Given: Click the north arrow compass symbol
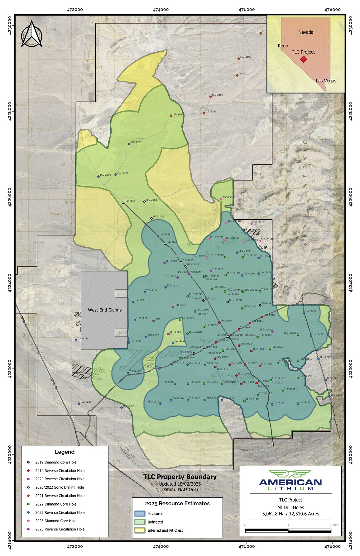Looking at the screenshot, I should tap(31, 34).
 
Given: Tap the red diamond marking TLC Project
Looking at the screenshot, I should tap(303, 59).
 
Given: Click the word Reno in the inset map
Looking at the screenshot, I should tap(283, 46).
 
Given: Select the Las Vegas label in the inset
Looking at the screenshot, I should tap(326, 81).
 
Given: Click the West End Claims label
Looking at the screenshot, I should tap(104, 310).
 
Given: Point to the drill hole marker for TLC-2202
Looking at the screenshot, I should tap(129, 144).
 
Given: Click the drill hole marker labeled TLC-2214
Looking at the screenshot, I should tap(76, 340).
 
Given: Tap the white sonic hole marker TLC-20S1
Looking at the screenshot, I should tap(123, 203).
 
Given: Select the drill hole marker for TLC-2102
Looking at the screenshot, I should tap(238, 59).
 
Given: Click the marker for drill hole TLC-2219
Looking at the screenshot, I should tap(79, 403).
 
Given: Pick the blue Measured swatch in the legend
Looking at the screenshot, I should tap(140, 514).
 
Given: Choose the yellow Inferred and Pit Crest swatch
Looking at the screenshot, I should tap(140, 530).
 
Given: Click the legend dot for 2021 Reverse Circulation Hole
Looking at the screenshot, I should tap(28, 496).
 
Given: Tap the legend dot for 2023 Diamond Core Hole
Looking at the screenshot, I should tap(28, 520).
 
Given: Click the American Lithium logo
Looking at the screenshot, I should tap(290, 480).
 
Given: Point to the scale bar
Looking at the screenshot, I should tap(288, 530).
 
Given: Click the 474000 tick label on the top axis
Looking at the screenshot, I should tap(161, 9).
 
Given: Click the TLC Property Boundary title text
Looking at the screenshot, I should tap(180, 477).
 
